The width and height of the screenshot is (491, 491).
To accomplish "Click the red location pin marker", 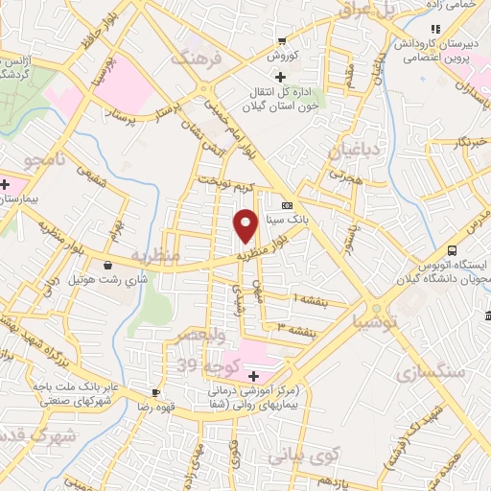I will (245, 225).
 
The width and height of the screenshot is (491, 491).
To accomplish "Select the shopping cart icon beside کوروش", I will (281, 41).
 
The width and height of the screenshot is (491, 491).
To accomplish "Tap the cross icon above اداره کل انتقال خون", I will (279, 77).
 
